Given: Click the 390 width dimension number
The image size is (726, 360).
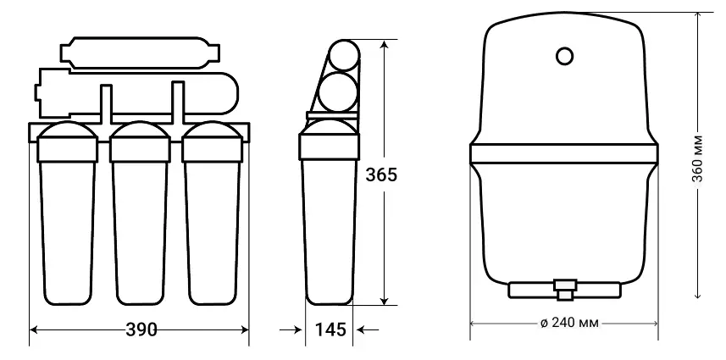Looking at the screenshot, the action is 141,330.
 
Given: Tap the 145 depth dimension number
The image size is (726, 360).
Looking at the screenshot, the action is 330,330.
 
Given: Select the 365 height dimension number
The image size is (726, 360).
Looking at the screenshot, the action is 381,174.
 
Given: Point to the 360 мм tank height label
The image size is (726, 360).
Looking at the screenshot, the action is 698,158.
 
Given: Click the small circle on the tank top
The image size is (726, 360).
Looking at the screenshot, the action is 564,56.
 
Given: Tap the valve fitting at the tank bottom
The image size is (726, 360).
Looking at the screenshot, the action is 565,290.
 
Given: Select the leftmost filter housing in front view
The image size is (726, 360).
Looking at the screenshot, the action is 67,213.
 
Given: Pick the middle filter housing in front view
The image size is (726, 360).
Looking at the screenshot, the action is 140,213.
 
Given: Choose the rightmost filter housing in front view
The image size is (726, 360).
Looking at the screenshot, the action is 212,213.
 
